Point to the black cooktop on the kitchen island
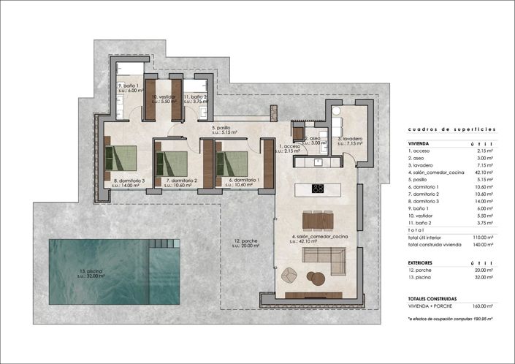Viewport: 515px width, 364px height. pyautogui.click(x=318, y=189)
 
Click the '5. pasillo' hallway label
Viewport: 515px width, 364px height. pyautogui.click(x=221, y=129)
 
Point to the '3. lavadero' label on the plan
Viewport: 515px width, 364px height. pyautogui.click(x=350, y=138)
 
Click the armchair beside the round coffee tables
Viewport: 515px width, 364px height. pyautogui.click(x=290, y=275)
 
